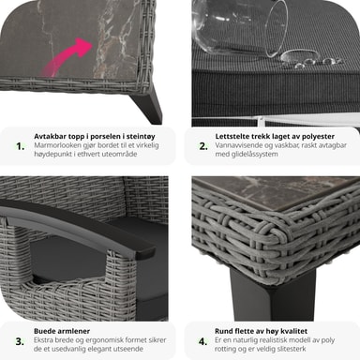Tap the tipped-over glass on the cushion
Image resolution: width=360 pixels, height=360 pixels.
(x=240, y=26)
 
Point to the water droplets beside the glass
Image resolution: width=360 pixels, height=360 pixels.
(x=309, y=60)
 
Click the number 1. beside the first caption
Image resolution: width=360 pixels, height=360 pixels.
(x=21, y=146)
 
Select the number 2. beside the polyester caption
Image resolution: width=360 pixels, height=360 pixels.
(x=203, y=146)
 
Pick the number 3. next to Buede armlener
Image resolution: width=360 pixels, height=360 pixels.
(x=20, y=341)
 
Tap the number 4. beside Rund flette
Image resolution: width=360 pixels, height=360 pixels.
(x=203, y=341)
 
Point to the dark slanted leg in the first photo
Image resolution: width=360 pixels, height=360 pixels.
(x=147, y=105)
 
